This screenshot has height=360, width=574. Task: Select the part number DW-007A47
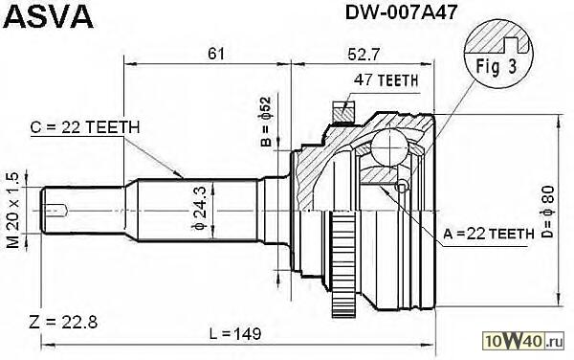point(401,13)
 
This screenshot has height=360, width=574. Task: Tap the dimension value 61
point(216,55)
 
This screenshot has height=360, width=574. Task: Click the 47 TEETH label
point(386,80)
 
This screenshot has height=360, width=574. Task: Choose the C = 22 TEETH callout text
point(85,127)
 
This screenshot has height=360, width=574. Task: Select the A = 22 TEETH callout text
point(489,234)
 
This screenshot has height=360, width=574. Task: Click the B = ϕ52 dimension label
point(267,122)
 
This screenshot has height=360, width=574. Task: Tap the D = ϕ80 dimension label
point(547,213)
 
